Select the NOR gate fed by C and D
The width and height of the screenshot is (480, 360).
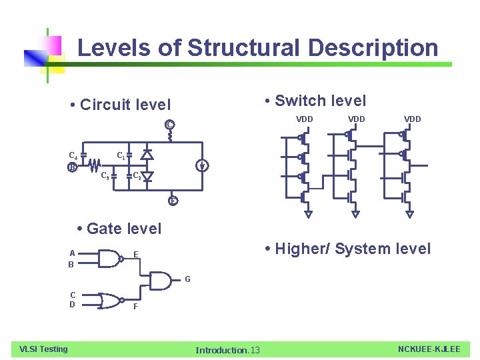(x=111, y=301)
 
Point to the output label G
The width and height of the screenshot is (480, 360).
(x=189, y=278)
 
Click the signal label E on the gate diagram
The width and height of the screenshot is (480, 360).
(x=135, y=254)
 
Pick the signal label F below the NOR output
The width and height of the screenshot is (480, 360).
(x=135, y=307)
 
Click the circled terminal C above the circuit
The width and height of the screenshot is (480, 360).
(x=170, y=125)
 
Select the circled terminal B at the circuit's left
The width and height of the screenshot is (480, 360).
(x=72, y=167)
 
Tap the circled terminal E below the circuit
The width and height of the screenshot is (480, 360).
(x=173, y=200)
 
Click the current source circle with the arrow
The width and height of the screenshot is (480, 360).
(x=201, y=166)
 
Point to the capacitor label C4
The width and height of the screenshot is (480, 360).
(x=73, y=155)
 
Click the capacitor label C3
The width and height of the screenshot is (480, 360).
(x=105, y=177)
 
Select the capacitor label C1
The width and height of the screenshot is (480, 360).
(x=121, y=155)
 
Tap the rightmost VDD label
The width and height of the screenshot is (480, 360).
(x=412, y=119)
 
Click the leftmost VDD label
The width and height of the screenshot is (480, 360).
(x=304, y=119)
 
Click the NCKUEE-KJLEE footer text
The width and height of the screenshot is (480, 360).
(x=429, y=349)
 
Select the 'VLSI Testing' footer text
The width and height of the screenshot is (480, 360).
(x=43, y=349)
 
